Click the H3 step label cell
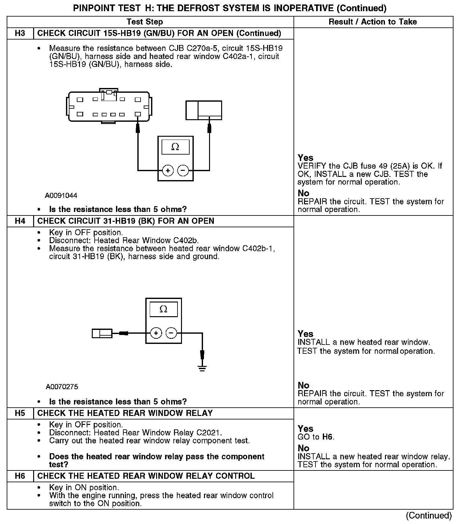click(20, 33)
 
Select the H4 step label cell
click(20, 221)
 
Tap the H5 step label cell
click(20, 413)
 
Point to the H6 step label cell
click(20, 476)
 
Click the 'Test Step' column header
click(145, 22)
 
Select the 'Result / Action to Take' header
click(373, 22)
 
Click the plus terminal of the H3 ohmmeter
click(168, 171)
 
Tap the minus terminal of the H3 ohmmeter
click(183, 171)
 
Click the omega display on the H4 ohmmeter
click(163, 309)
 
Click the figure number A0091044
click(61, 195)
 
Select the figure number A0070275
click(62, 387)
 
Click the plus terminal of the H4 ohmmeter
click(156, 333)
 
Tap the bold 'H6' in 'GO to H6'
click(328, 437)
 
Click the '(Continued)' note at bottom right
click(429, 516)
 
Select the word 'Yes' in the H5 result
click(306, 429)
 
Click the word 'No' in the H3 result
click(303, 193)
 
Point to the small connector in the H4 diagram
click(102, 333)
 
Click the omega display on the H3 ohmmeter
click(175, 147)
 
